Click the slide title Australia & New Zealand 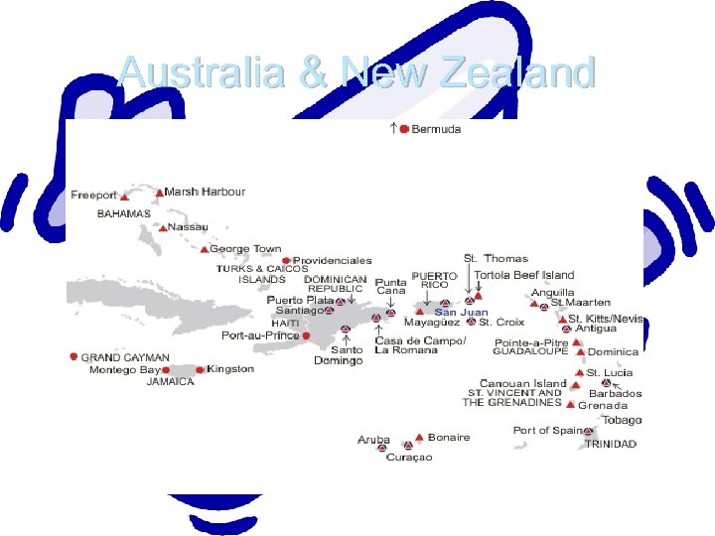coord(357,72)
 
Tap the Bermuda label coord(436,130)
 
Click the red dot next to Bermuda coord(404,129)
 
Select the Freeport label coord(93,196)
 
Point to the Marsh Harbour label coord(205,192)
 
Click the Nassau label coord(188,227)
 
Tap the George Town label coord(244,249)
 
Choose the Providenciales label coord(332,261)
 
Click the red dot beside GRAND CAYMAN coord(73,356)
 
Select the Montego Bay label coord(125,369)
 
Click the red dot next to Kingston coord(200,370)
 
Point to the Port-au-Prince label coord(260,335)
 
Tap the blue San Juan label coord(461,312)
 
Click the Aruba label coord(373,439)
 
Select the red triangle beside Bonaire coord(420,437)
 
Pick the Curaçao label coord(408,457)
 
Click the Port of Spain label coord(546,431)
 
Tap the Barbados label coord(618,393)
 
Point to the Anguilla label coord(552,293)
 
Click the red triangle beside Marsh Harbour coord(159,192)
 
